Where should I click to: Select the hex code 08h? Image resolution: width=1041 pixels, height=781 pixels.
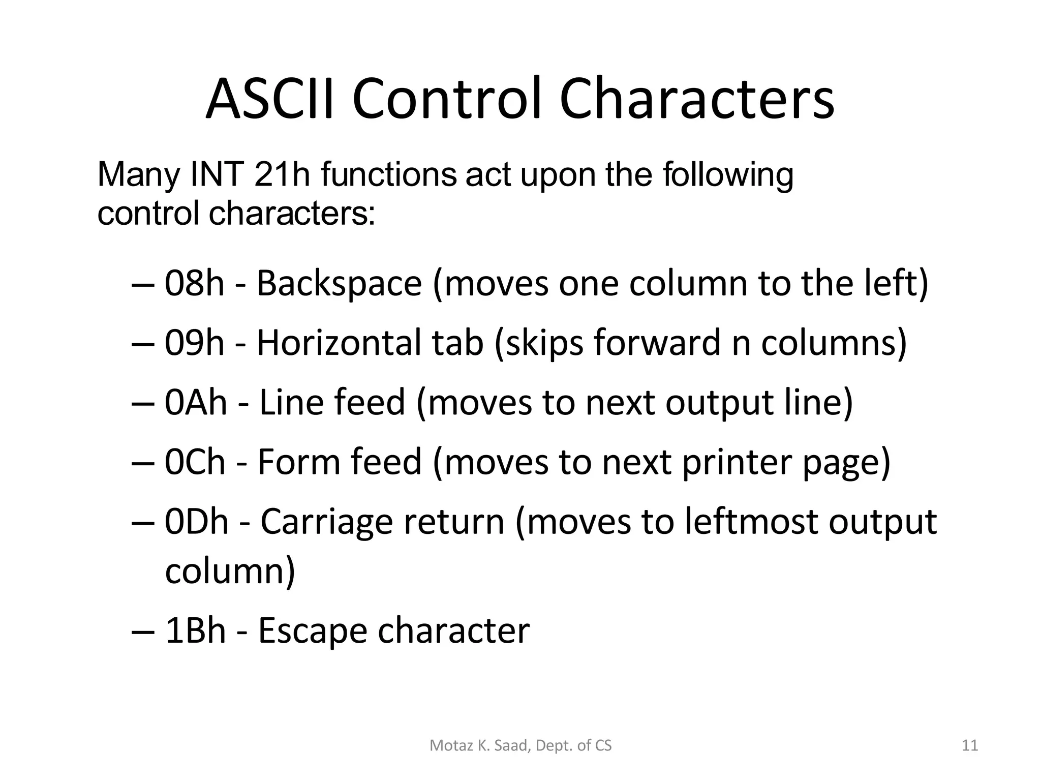click(x=194, y=283)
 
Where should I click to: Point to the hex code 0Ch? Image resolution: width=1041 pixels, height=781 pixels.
click(x=195, y=462)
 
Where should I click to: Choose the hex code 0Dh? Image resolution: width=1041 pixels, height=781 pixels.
click(x=197, y=522)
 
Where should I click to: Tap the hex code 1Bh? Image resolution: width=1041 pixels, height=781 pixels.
click(x=195, y=630)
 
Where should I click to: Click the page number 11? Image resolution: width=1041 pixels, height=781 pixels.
click(x=970, y=745)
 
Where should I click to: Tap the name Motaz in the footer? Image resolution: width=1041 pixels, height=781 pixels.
click(x=446, y=745)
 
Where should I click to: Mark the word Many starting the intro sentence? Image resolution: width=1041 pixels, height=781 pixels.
click(x=137, y=175)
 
